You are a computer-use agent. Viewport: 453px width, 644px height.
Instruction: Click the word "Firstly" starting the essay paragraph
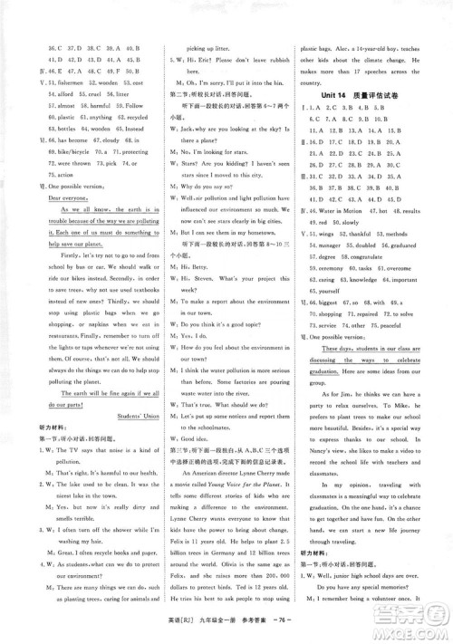click(53, 280)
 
